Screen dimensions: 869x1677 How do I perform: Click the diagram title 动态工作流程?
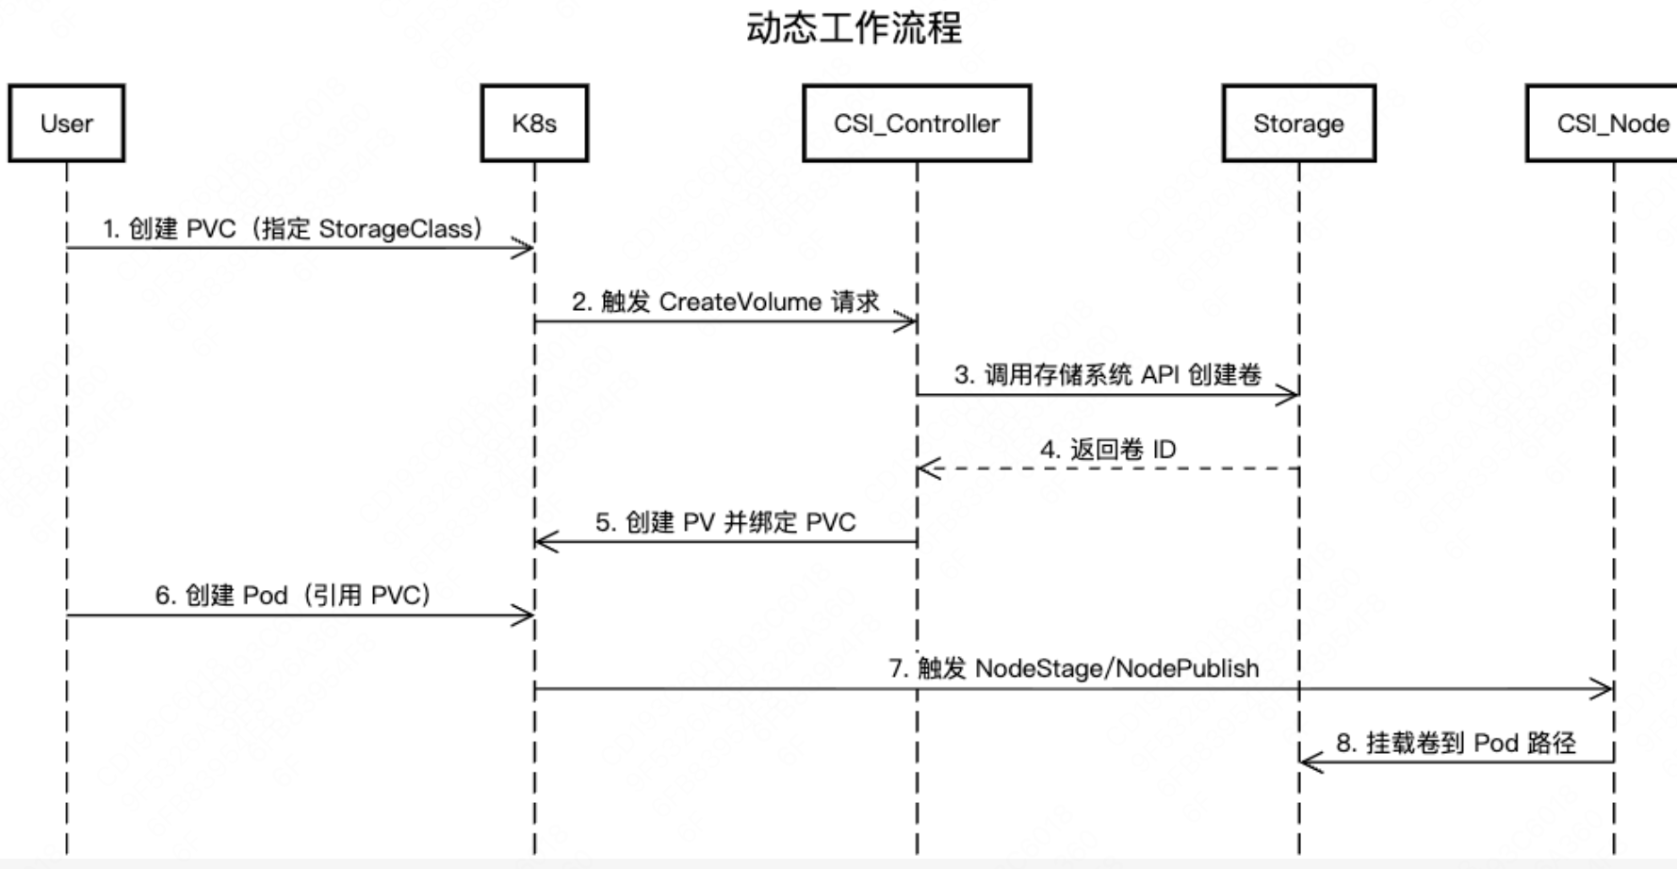pyautogui.click(x=854, y=28)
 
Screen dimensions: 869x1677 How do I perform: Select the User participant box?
pyautogui.click(x=67, y=123)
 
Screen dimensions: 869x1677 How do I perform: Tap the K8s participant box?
pyautogui.click(x=534, y=123)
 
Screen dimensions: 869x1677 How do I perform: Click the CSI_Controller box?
pyautogui.click(x=917, y=123)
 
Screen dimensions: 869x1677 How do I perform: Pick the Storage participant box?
pyautogui.click(x=1298, y=123)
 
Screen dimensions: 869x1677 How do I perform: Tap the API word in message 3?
pyautogui.click(x=1160, y=375)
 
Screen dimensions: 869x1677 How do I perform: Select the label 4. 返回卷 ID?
pyautogui.click(x=1108, y=449)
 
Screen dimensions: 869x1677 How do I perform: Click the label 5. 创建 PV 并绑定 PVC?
pyautogui.click(x=725, y=522)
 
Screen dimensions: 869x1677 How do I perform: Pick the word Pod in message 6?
pyautogui.click(x=265, y=596)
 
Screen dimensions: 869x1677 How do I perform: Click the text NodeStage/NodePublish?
pyautogui.click(x=1116, y=668)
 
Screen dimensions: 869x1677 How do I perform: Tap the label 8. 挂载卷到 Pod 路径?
pyautogui.click(x=1456, y=743)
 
